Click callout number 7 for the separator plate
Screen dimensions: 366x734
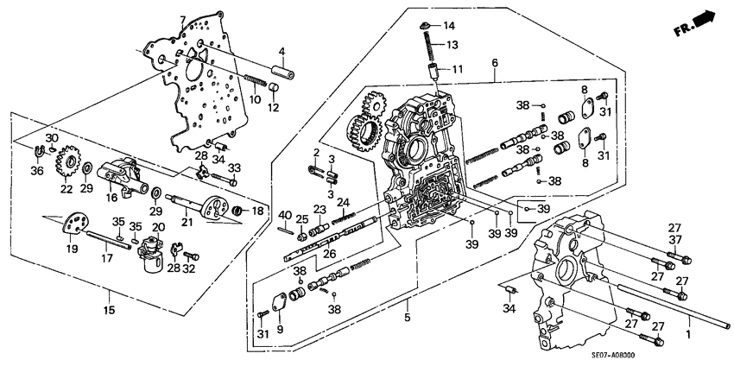click(181, 19)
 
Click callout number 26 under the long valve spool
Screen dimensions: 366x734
click(328, 265)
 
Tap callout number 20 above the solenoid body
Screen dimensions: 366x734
click(157, 227)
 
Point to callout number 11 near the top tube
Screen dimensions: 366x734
click(459, 69)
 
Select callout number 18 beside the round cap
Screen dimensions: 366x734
click(256, 211)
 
